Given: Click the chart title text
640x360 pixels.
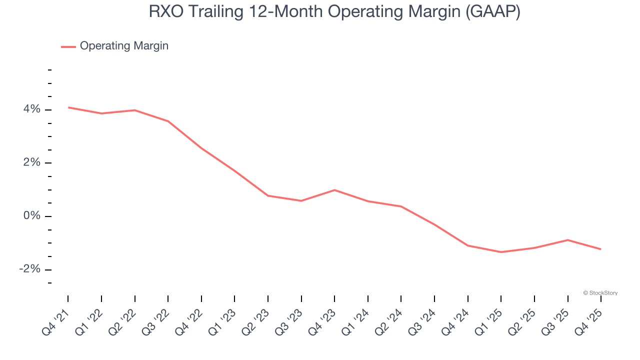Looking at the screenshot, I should tap(334, 12).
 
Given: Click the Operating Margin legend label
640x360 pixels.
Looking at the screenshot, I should tap(124, 46).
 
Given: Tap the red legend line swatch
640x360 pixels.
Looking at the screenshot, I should tap(68, 46).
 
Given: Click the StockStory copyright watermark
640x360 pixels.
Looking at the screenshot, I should tap(600, 293).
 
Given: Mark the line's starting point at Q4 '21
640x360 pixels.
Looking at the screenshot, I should tap(68, 107).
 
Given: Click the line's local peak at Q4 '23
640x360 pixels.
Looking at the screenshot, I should tap(334, 190).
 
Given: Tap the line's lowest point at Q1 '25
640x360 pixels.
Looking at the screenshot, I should tap(501, 252).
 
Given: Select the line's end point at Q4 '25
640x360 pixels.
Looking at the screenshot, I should tap(600, 249).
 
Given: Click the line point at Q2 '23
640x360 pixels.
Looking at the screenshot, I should tap(268, 195).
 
